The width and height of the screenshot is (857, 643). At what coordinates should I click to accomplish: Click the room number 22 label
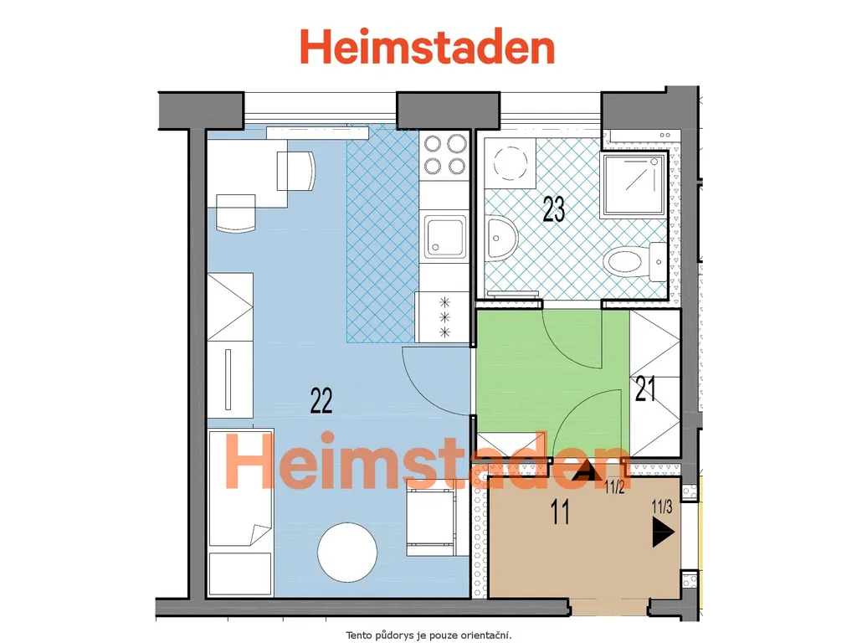[321, 400]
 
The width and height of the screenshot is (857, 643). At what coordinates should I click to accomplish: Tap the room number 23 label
[554, 208]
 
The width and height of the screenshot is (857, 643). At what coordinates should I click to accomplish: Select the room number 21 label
[645, 389]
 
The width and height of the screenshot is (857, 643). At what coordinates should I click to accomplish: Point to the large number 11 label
[560, 512]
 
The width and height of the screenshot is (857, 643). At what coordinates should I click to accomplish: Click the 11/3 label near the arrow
[662, 507]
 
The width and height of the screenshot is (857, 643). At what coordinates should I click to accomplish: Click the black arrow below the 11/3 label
[664, 532]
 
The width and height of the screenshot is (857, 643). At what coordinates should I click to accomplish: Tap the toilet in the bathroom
[635, 261]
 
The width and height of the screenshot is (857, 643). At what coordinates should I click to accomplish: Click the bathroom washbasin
[502, 239]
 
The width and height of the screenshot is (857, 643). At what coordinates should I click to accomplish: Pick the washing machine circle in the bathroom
[511, 162]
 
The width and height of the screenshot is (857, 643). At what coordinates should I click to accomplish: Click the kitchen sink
[446, 237]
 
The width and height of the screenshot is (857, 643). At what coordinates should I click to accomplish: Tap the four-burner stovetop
[445, 155]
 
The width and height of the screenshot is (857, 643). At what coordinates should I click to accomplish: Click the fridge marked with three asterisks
[442, 317]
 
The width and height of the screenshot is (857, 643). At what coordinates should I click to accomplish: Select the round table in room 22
[347, 552]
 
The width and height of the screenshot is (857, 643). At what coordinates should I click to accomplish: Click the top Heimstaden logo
[428, 47]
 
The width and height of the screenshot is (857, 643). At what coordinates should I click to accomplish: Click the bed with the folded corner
[240, 512]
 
